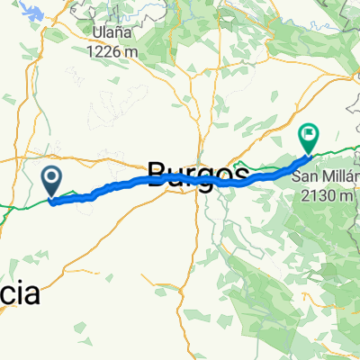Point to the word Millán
point(340,175)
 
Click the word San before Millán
point(304,175)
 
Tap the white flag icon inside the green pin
point(309,135)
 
